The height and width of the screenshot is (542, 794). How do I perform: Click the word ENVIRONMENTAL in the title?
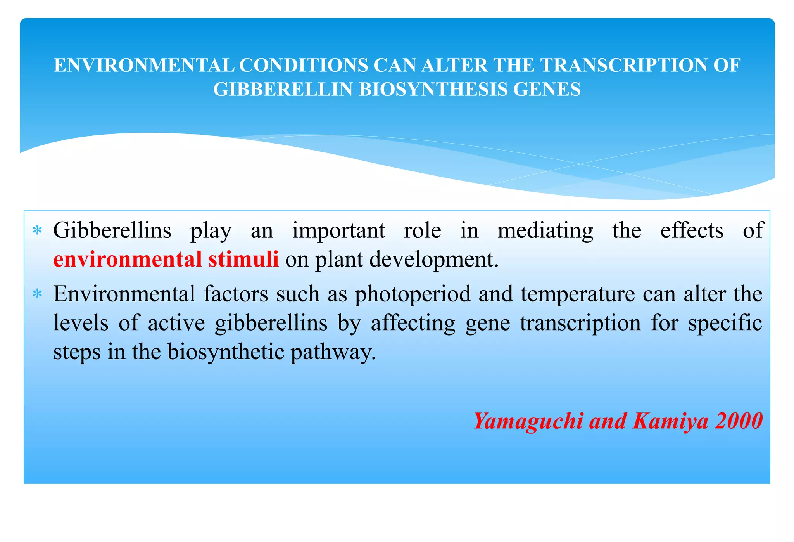tap(144, 65)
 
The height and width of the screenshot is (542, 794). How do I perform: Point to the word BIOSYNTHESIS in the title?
tap(433, 89)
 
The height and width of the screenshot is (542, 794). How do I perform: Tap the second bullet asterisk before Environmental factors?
tap(37, 294)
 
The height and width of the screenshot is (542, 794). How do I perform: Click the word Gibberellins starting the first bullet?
tap(112, 230)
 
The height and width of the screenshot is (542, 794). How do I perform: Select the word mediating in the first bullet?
tap(545, 231)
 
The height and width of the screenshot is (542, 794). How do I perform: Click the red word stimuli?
tap(243, 259)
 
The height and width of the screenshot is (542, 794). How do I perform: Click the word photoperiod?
tap(412, 294)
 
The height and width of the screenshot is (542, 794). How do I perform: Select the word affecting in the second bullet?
tap(413, 324)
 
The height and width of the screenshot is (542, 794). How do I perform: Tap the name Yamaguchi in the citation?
tap(528, 421)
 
